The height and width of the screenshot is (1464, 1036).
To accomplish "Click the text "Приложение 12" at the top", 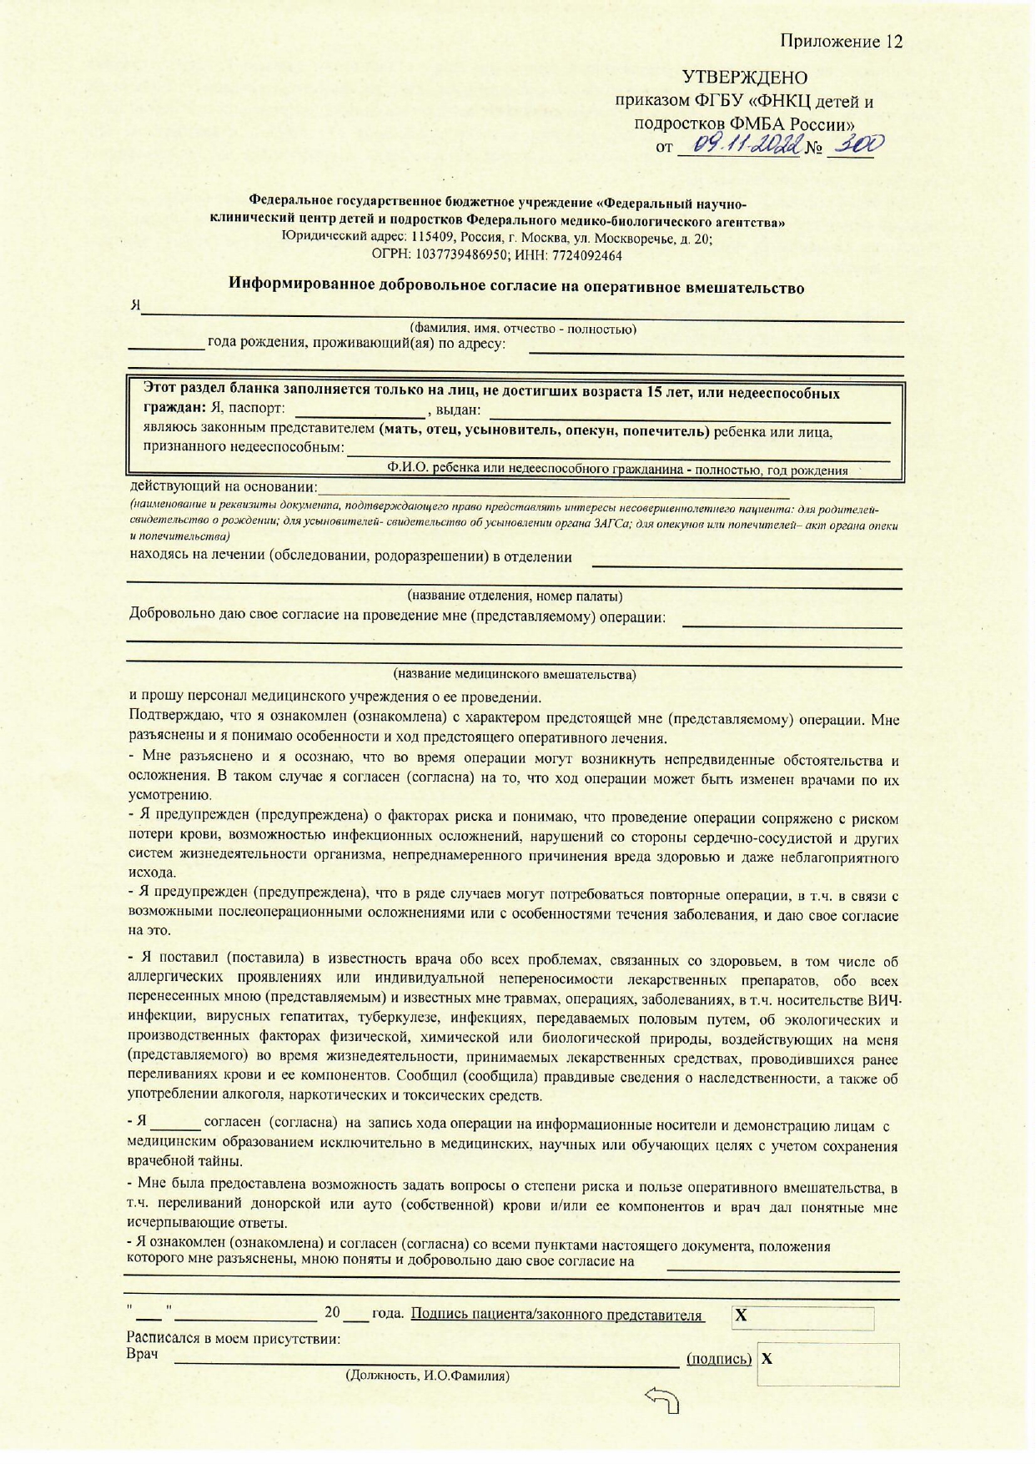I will pos(841,42).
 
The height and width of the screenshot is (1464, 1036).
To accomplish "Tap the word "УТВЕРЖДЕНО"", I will pos(744,78).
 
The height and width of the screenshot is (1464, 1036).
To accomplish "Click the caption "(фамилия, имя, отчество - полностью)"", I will pos(523,329).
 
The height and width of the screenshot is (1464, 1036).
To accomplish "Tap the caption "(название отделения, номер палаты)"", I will pos(515,596).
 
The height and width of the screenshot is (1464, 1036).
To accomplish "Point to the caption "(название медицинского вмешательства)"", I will pos(515,674).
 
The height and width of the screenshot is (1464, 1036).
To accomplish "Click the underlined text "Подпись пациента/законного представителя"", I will pos(557,1316).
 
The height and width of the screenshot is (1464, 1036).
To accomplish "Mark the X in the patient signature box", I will pos(741,1316).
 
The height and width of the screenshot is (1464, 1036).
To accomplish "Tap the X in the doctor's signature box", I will pos(767,1359).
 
